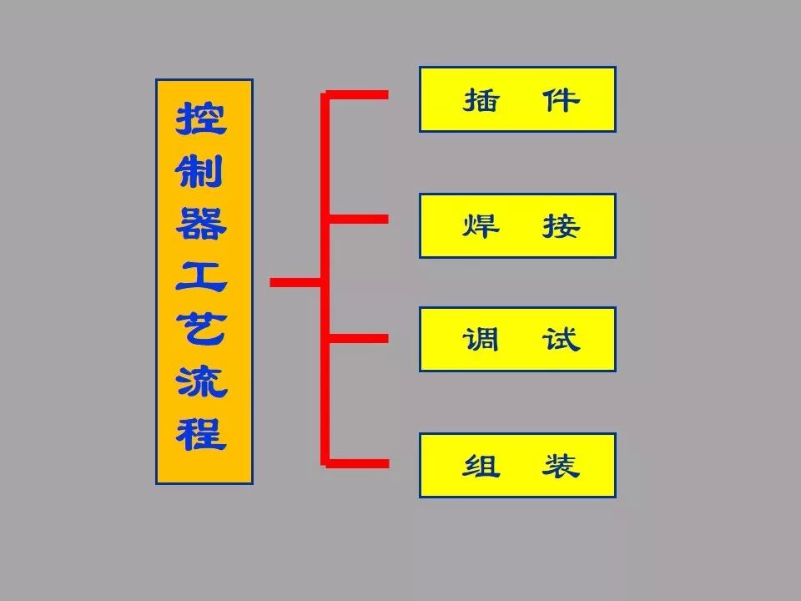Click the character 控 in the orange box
coord(201,119)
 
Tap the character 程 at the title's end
coord(201,433)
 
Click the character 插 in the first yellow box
coord(481,100)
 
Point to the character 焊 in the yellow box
coord(481,226)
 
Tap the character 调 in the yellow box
coord(481,340)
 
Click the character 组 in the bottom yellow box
coord(481,466)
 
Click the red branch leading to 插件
coord(359,94)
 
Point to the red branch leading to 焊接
coord(359,219)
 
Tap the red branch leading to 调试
coord(359,338)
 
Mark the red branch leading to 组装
coord(359,462)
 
